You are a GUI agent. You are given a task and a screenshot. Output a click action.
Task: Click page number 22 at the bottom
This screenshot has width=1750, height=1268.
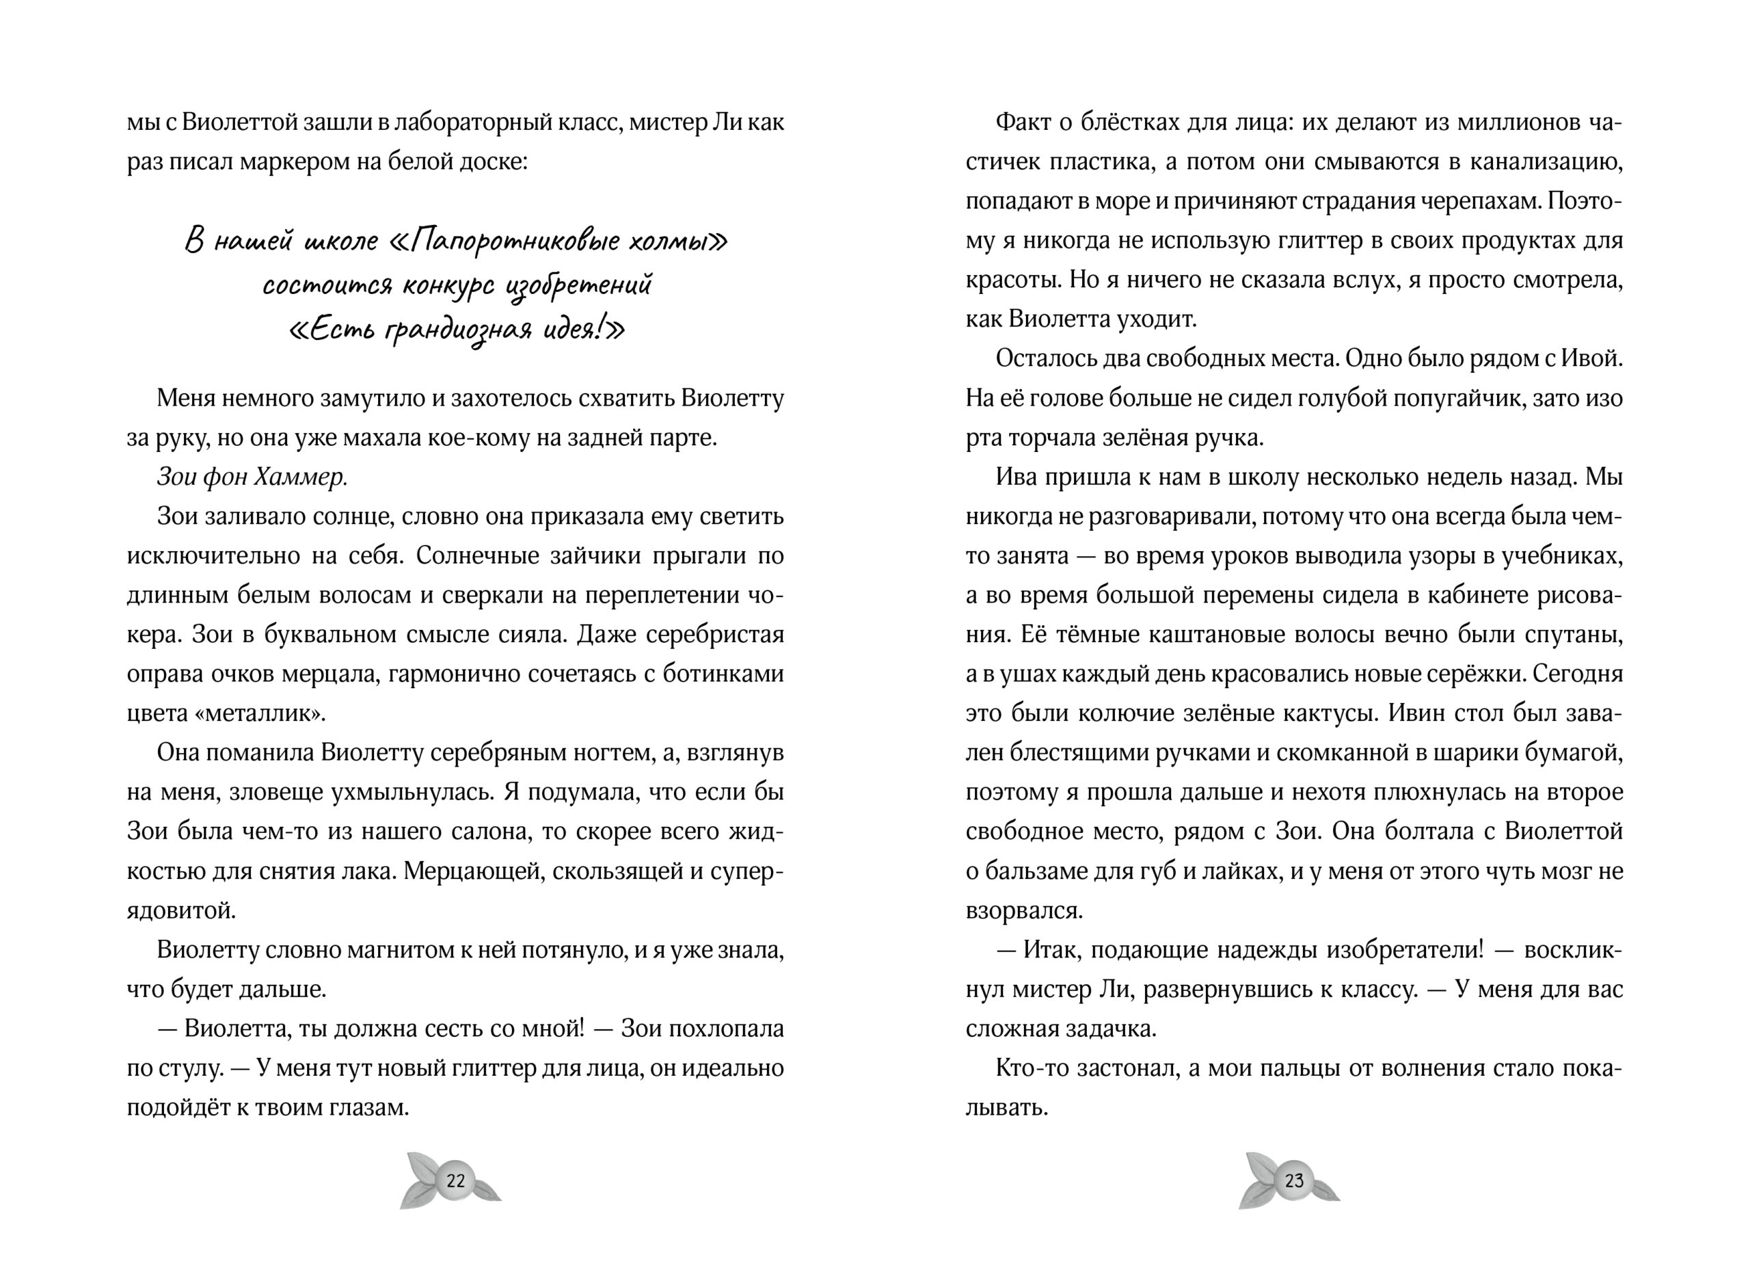pyautogui.click(x=455, y=1180)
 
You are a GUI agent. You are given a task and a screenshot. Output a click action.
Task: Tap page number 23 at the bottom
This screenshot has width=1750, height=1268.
pyautogui.click(x=1294, y=1180)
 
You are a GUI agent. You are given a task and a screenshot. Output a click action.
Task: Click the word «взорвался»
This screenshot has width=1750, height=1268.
pyautogui.click(x=1023, y=911)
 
